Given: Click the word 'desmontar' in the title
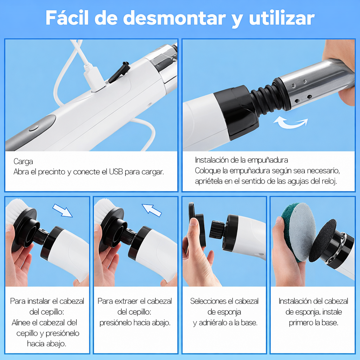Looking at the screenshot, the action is coord(174,18).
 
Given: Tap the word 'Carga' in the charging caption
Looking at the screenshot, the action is coord(23,162).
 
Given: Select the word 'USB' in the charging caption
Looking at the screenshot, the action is coord(116,172).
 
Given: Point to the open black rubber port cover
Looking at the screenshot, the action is coord(120,72).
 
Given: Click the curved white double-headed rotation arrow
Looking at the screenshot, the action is coord(290,123).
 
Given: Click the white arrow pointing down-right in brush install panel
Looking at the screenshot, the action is coord(63,211).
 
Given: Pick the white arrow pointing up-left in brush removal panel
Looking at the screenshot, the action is coord(152,210).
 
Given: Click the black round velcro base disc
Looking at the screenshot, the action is coord(323,240).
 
